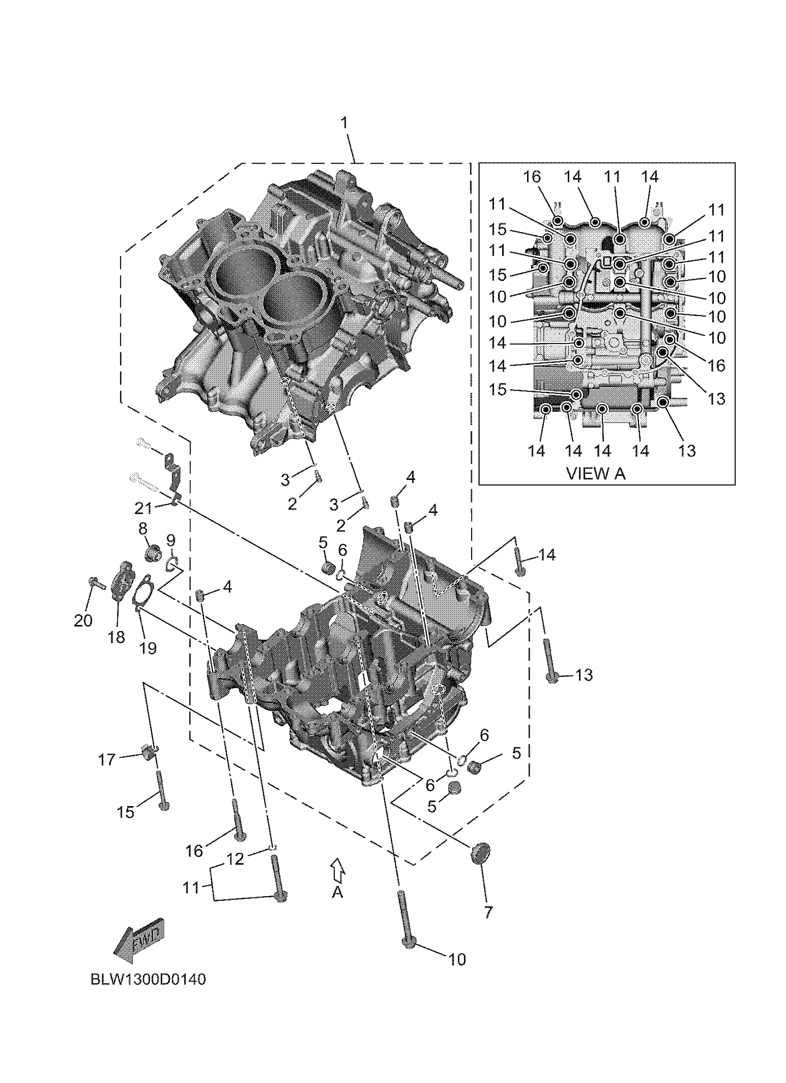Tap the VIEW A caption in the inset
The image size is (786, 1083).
596,473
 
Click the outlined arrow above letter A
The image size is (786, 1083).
338,870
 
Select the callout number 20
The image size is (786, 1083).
83,620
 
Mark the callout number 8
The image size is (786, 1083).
143,528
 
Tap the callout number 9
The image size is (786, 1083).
171,540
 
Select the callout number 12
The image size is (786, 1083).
235,858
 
